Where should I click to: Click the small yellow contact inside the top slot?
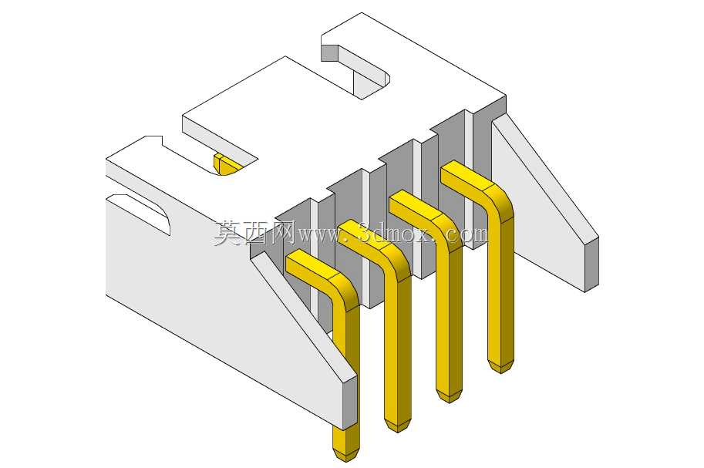coord(226,164)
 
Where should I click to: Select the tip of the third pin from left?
coord(450,402)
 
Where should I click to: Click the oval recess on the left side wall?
coord(140,213)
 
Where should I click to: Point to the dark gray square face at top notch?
coord(329,53)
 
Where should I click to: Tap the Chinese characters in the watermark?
coord(254,233)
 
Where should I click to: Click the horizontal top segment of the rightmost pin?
coord(467,177)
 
